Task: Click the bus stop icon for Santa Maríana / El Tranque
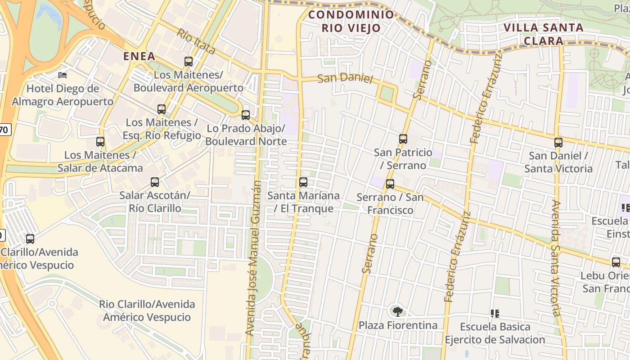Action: coord(303,182)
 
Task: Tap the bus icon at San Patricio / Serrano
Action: coord(403,139)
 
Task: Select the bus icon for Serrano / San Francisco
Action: coord(390,184)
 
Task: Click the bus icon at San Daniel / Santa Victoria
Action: coord(558,143)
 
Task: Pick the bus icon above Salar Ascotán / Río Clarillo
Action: coord(155,182)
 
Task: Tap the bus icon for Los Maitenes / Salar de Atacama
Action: coord(100,142)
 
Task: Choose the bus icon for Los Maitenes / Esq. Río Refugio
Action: coord(162,109)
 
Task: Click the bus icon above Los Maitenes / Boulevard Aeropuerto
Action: coord(189,62)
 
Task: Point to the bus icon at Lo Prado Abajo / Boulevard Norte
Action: coord(246,115)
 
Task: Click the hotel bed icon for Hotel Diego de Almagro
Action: coord(63,75)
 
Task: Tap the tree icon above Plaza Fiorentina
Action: coord(397,311)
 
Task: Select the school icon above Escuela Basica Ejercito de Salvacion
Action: coord(495,313)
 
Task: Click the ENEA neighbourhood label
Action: coord(139,56)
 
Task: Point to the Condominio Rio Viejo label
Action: coord(351,21)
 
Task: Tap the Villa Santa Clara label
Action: coord(544,34)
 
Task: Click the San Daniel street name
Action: coord(345,78)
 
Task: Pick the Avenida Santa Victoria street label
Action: coord(556,258)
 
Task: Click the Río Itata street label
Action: coord(196,41)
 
